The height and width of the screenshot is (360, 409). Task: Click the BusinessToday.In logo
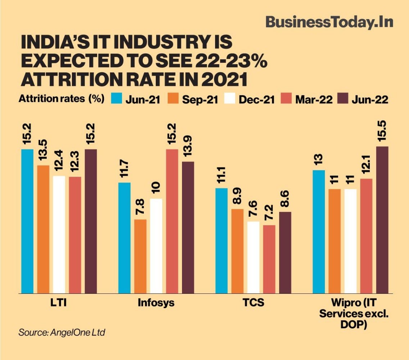click(x=329, y=22)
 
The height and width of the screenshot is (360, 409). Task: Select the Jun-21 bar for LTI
click(x=27, y=221)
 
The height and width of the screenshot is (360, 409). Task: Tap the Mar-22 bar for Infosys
click(x=172, y=221)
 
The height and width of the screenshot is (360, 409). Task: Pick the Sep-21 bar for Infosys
click(x=140, y=256)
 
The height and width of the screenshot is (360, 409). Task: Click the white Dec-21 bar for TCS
click(x=253, y=257)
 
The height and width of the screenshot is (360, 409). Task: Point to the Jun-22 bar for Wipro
click(x=382, y=220)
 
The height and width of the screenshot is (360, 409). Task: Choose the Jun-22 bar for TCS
click(x=285, y=252)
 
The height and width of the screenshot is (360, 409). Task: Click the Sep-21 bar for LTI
click(x=43, y=229)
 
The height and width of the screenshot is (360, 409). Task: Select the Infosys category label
click(x=156, y=303)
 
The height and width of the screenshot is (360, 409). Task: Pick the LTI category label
click(x=59, y=303)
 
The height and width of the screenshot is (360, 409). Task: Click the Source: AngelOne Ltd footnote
click(x=62, y=332)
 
